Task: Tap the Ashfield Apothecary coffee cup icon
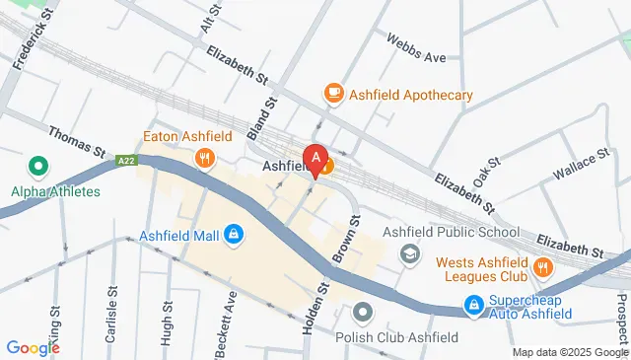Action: (334, 94)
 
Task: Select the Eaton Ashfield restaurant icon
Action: (205, 157)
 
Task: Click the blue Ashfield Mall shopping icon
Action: (235, 234)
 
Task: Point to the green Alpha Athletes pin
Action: (37, 168)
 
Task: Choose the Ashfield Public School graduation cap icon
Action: (408, 254)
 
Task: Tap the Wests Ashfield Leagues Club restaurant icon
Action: (542, 266)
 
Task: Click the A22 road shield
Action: (125, 160)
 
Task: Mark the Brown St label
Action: (343, 242)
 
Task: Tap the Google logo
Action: (33, 347)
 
